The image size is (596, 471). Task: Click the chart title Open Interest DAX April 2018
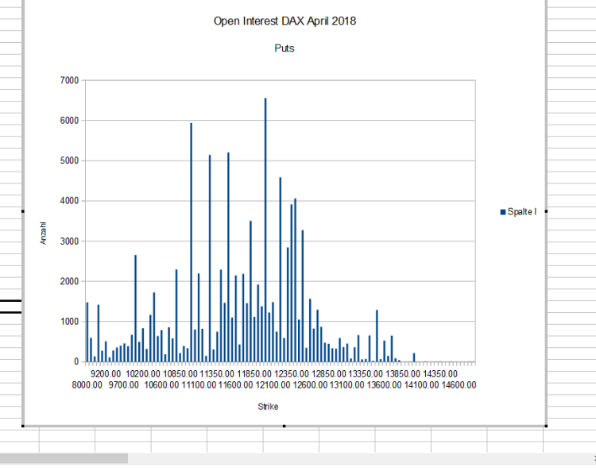coord(284,21)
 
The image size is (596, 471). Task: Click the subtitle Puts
coord(284,48)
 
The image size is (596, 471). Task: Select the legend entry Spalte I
coord(522,211)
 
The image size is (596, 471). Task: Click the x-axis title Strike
coord(268,407)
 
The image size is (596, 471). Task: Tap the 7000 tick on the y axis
coord(68,80)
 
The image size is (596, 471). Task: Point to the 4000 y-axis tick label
coord(68,201)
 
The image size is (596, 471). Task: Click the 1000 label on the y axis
coord(68,322)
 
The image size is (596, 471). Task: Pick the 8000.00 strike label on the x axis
coord(87,385)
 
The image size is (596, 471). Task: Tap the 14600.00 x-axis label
coord(459,385)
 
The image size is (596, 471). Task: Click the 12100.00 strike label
coord(273,385)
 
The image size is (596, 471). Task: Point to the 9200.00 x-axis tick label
coord(106,373)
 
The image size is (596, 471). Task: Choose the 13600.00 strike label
coord(385,385)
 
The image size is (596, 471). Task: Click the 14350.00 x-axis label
coord(440,373)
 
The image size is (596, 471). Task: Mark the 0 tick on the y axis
coord(76,362)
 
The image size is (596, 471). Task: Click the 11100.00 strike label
coord(199,385)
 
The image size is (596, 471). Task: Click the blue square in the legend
coord(503,211)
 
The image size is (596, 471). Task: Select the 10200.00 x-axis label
coord(143,373)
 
